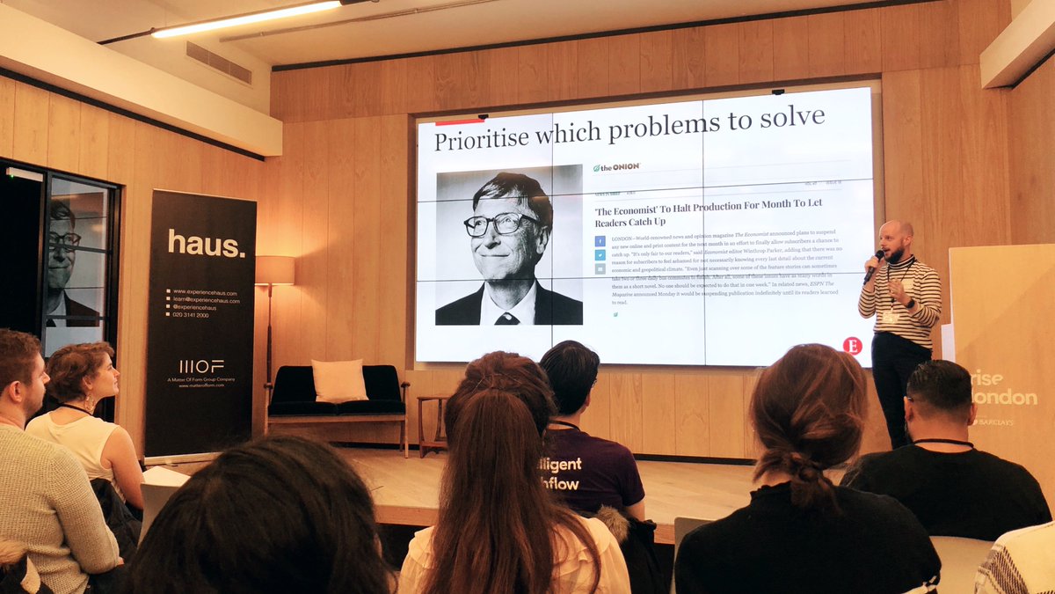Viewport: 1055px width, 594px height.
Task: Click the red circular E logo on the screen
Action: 851,346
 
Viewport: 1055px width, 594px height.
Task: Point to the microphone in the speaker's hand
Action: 873,264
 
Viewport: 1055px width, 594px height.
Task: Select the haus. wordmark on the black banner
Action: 207,243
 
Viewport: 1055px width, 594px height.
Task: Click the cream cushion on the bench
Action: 339,380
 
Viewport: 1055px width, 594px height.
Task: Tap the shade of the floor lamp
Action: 274,270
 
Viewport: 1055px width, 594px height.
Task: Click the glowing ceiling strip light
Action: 246,18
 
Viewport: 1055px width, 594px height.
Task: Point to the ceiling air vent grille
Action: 218,63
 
